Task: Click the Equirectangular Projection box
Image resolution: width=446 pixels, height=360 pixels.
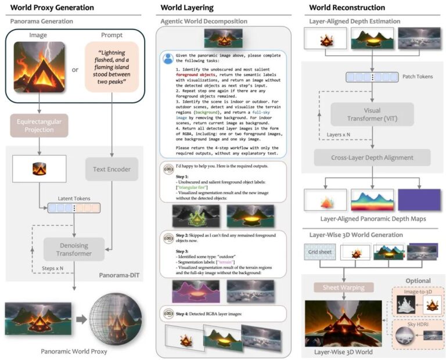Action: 39,125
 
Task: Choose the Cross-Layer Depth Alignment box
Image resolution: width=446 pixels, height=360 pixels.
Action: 372,158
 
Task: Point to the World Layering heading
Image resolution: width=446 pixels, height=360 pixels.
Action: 187,8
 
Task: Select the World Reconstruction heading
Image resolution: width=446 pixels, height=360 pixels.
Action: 347,8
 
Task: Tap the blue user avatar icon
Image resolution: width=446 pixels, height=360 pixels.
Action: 168,58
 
